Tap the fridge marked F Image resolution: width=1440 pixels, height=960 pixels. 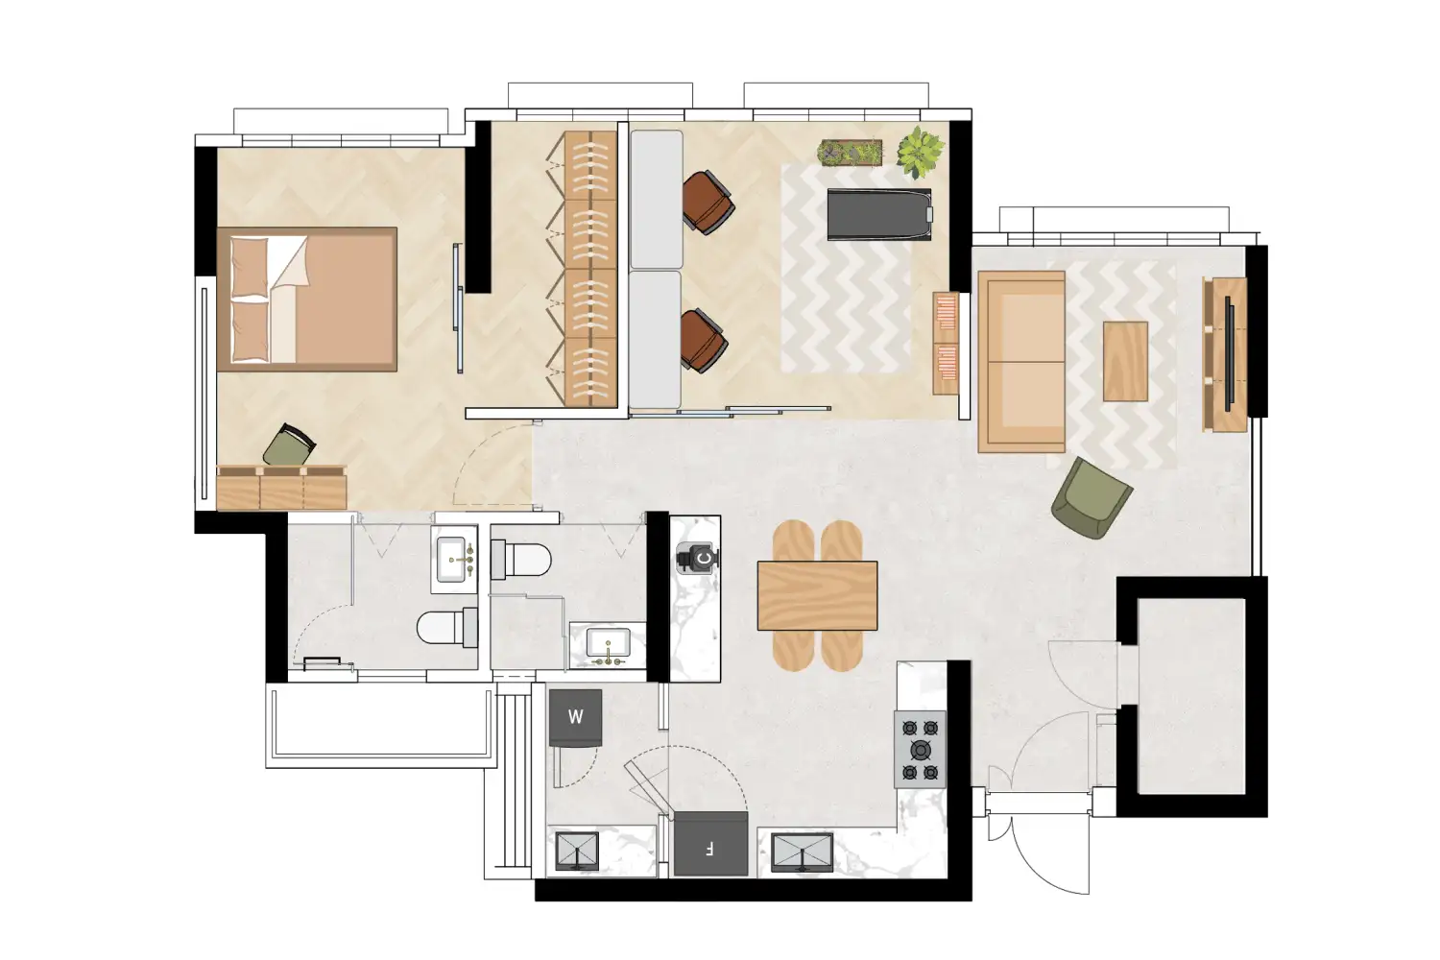click(710, 845)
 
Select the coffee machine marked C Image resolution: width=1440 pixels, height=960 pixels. click(699, 557)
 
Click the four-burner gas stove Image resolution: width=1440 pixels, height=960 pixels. click(920, 749)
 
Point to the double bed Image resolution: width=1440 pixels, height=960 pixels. click(307, 299)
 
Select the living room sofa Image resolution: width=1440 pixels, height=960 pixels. click(1021, 361)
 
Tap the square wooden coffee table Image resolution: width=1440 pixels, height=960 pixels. click(1125, 361)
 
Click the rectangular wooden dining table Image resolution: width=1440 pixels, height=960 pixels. click(817, 595)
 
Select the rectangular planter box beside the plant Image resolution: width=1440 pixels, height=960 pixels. click(850, 153)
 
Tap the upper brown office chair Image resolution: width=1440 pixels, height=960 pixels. click(708, 202)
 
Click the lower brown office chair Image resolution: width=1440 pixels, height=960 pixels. click(704, 340)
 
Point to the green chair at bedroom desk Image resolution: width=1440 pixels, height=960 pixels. click(288, 446)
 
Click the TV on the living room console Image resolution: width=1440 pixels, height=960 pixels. click(1229, 353)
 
